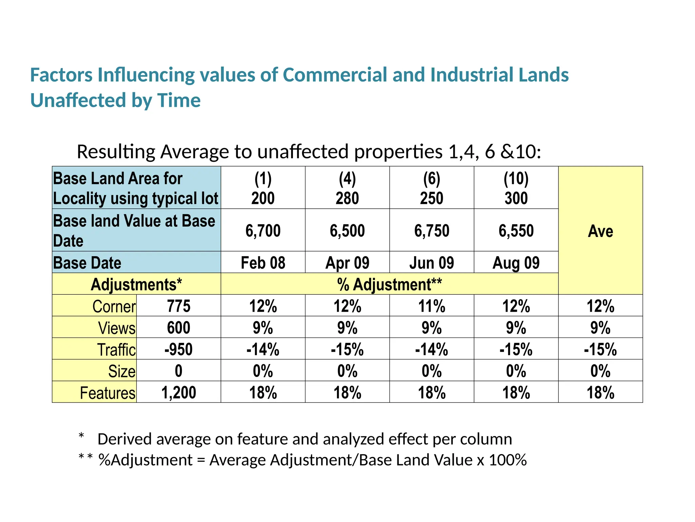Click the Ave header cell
(x=600, y=231)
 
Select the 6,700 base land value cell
(x=263, y=231)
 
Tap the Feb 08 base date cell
(x=263, y=263)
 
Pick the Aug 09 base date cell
(x=516, y=263)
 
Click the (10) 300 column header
(x=516, y=188)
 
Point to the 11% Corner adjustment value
(x=431, y=306)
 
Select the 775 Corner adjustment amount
(x=179, y=306)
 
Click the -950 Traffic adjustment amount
(x=179, y=349)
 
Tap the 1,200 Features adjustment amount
(x=179, y=392)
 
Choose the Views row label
(x=117, y=328)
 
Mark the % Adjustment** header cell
(x=389, y=284)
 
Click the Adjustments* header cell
(x=136, y=284)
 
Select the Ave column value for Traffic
(x=600, y=349)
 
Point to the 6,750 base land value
(x=431, y=231)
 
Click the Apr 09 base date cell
(x=347, y=263)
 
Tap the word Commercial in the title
(x=335, y=75)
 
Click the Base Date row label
(x=87, y=263)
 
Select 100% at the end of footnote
(x=508, y=460)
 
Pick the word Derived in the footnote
(x=124, y=439)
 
